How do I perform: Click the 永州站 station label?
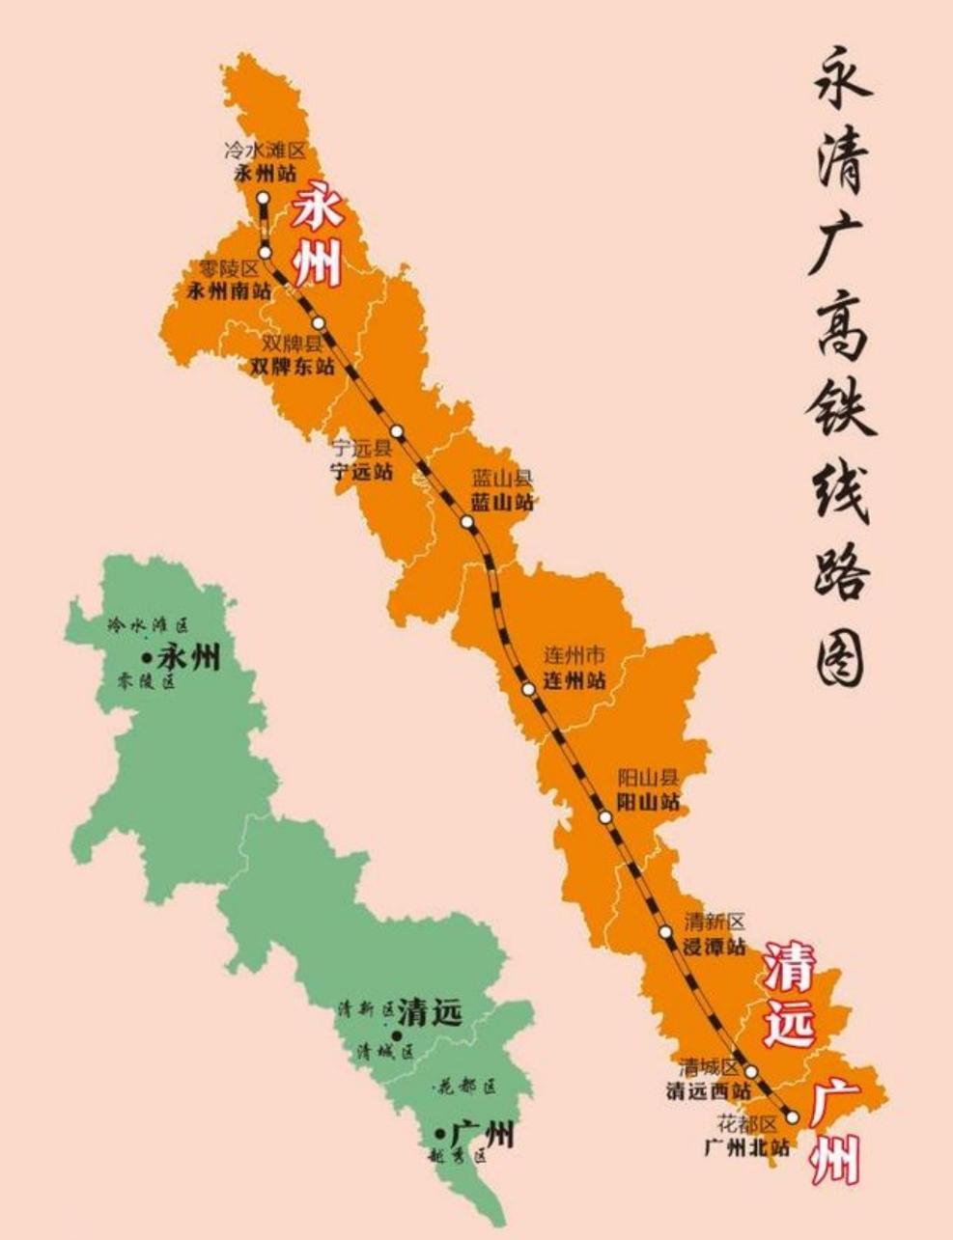(265, 175)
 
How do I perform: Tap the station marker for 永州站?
(263, 197)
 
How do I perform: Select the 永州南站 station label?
(228, 290)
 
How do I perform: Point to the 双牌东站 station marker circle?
(319, 323)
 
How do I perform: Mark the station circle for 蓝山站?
(468, 522)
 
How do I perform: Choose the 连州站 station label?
(575, 679)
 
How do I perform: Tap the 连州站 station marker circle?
(528, 689)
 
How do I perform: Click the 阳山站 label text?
(648, 801)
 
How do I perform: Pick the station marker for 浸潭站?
(665, 932)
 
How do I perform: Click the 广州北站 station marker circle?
(793, 1116)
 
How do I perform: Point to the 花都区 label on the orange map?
(746, 1124)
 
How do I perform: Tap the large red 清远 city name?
(790, 995)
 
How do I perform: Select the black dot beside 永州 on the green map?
(147, 658)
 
